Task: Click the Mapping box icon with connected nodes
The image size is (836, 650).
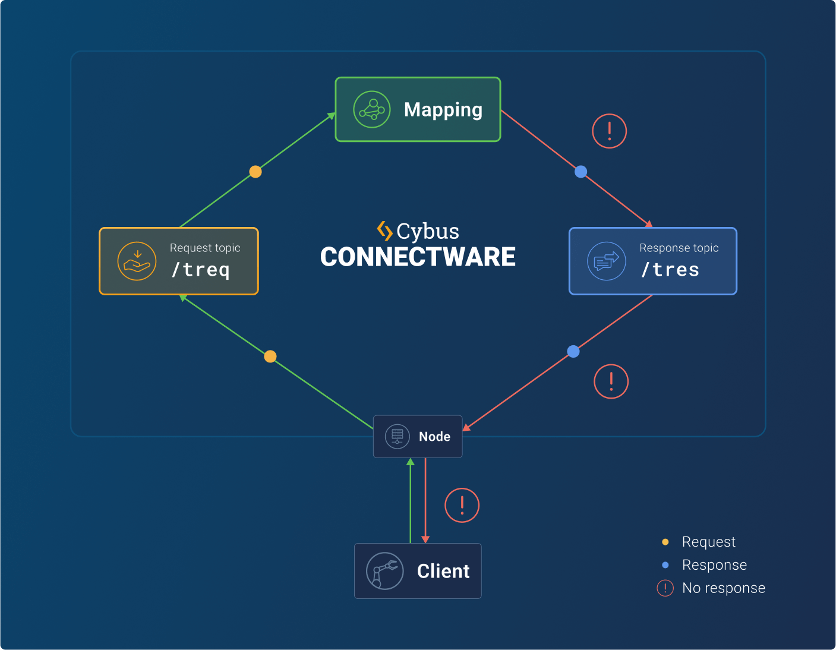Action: click(x=372, y=109)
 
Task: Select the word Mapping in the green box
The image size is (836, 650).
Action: click(x=443, y=110)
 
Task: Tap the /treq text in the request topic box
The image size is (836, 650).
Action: click(x=201, y=270)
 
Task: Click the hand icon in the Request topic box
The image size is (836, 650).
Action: click(x=137, y=261)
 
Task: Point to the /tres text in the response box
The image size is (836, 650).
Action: click(x=670, y=270)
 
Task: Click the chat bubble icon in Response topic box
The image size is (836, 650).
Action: click(x=606, y=261)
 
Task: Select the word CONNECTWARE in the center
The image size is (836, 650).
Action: click(x=418, y=257)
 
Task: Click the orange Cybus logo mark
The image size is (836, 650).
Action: click(x=384, y=231)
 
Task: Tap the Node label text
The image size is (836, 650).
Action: click(x=434, y=437)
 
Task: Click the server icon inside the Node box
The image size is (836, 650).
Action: click(x=398, y=436)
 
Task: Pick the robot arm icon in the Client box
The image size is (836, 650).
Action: click(x=384, y=571)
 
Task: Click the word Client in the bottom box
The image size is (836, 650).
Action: click(x=443, y=571)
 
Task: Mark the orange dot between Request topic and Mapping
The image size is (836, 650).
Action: click(x=255, y=172)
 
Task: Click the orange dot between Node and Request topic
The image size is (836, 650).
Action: click(x=270, y=356)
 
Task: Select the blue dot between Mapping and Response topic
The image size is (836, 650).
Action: click(x=581, y=172)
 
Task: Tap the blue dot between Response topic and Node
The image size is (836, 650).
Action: click(x=573, y=351)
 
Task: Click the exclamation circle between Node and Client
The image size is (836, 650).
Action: click(x=462, y=506)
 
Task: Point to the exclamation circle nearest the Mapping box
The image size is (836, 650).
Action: click(x=610, y=131)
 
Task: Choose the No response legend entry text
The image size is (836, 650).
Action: click(x=723, y=588)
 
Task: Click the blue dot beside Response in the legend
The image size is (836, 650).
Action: click(x=665, y=565)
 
